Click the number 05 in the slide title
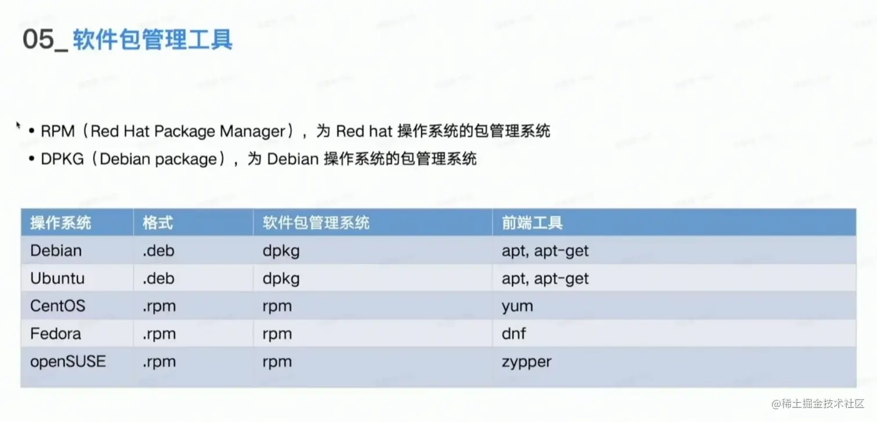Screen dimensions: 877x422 click(x=38, y=39)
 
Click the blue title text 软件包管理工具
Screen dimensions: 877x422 click(x=153, y=39)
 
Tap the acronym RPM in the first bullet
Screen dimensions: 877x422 click(x=57, y=131)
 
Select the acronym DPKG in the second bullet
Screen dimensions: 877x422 click(x=62, y=158)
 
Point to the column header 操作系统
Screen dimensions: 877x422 click(x=61, y=223)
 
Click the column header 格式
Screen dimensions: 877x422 click(x=158, y=223)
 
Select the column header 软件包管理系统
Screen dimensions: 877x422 click(x=316, y=223)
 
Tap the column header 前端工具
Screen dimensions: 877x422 click(x=532, y=223)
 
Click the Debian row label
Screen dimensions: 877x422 click(x=56, y=250)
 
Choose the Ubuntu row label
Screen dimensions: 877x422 click(x=57, y=278)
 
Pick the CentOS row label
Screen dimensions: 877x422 click(x=57, y=306)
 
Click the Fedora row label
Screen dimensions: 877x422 click(x=56, y=333)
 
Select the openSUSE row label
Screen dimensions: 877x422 click(x=68, y=361)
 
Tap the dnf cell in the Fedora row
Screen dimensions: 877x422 click(x=514, y=333)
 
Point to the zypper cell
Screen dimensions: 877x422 click(x=527, y=362)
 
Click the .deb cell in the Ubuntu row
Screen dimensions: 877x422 click(x=158, y=278)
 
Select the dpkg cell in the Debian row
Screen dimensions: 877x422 click(x=281, y=251)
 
